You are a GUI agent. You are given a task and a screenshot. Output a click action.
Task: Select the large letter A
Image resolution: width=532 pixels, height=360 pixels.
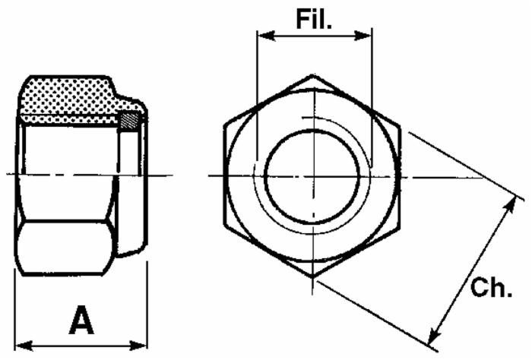point(81,321)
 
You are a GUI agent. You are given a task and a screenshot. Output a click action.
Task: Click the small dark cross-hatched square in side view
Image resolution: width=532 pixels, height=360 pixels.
point(130,120)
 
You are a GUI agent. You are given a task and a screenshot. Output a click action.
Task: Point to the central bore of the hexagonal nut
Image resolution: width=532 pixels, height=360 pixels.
point(312,176)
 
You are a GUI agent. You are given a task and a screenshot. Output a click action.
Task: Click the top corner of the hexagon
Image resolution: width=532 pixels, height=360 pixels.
point(312,75)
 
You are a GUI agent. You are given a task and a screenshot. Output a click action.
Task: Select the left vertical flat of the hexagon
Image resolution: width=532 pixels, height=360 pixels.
point(226,176)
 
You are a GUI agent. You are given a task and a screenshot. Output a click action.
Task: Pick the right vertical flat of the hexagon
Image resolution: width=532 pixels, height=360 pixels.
point(400,176)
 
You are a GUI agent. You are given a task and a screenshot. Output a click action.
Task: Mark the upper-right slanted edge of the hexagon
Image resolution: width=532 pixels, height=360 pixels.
point(357,100)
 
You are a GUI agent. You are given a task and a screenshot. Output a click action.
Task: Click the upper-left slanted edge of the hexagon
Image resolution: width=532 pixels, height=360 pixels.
point(268,100)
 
